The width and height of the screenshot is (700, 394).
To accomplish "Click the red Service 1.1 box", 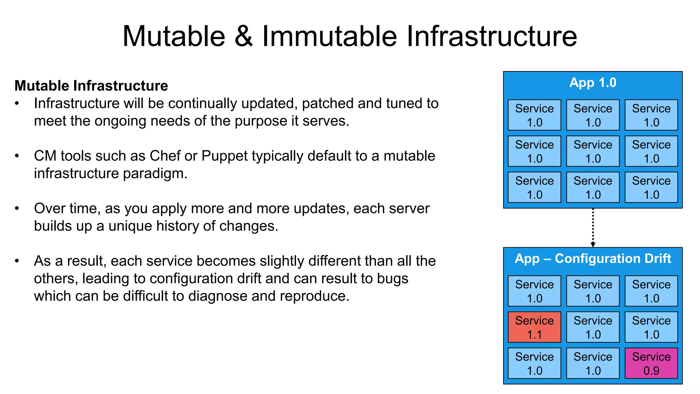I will pyautogui.click(x=534, y=327).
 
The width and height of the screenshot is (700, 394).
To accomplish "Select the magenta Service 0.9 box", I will pyautogui.click(x=651, y=363).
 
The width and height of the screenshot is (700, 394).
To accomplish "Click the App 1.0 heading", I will pyautogui.click(x=593, y=83).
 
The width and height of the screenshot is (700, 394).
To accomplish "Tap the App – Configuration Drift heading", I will pyautogui.click(x=593, y=259).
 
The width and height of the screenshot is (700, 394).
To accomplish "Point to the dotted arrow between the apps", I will pyautogui.click(x=593, y=227).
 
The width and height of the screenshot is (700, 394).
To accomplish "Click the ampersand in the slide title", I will pyautogui.click(x=243, y=36).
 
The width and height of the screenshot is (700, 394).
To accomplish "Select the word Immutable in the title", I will pyautogui.click(x=329, y=36).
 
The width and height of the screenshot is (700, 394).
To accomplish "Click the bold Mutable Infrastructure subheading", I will pyautogui.click(x=91, y=86).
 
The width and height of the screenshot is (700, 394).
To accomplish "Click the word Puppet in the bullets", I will pyautogui.click(x=224, y=156).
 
